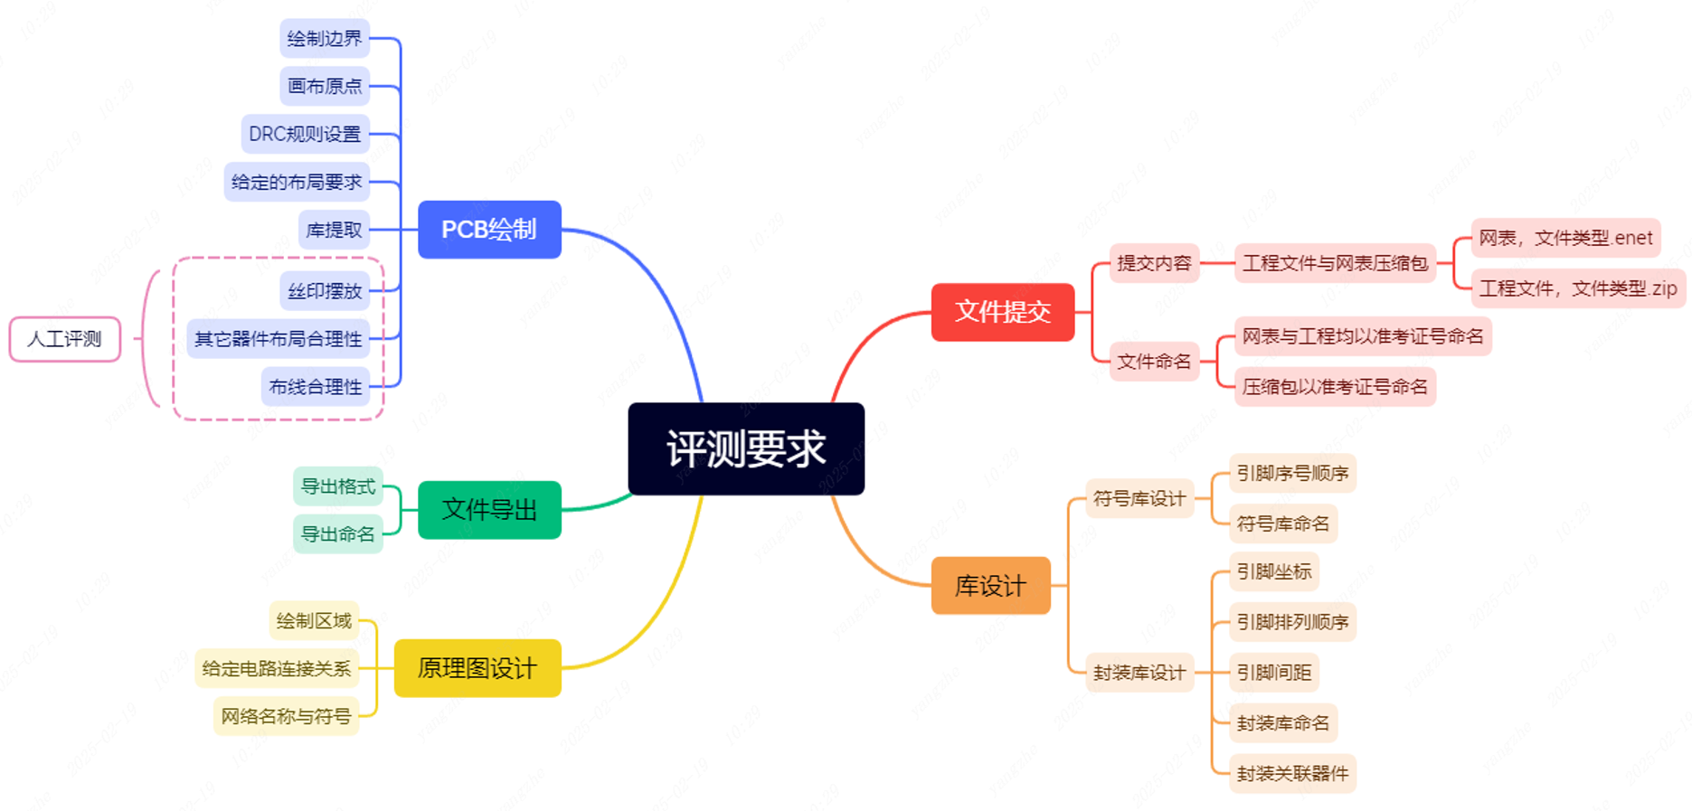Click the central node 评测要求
coord(746,448)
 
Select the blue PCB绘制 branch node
coord(489,230)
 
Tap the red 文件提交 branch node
coord(1003,312)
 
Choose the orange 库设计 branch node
coord(991,586)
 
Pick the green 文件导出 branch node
coord(489,510)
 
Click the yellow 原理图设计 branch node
coord(477,668)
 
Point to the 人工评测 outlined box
coord(65,339)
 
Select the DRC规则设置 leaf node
coord(305,134)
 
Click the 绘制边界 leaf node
coord(325,38)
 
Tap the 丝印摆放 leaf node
coord(325,291)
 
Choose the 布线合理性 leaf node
coord(316,387)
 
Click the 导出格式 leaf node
coord(338,486)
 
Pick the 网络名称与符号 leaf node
coord(286,716)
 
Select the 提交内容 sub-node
coord(1155,263)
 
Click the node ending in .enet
coord(1565,238)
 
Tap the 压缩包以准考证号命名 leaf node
coord(1335,387)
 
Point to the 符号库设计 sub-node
coord(1139,498)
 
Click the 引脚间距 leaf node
coord(1274,673)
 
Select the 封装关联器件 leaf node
coord(1292,774)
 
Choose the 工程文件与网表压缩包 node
coord(1335,263)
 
